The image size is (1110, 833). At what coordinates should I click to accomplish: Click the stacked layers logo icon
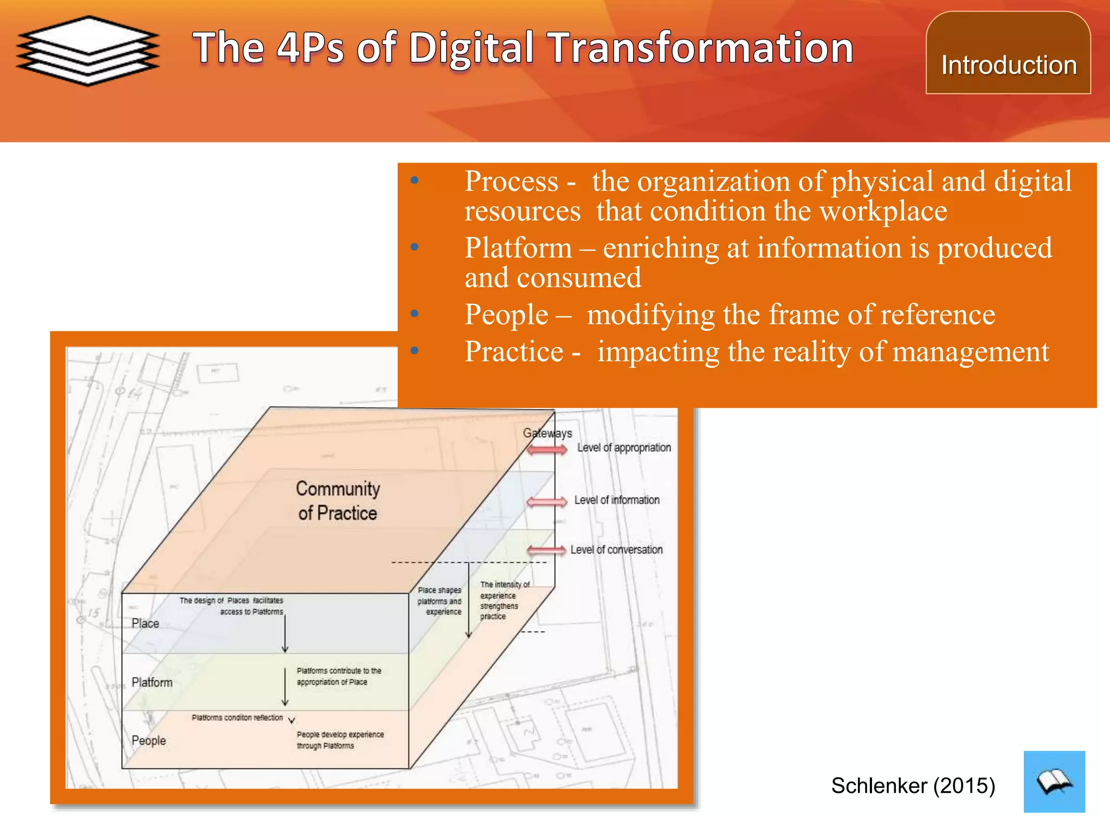88,50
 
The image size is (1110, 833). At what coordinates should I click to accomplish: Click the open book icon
1054,781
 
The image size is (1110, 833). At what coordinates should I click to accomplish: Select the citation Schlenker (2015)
913,785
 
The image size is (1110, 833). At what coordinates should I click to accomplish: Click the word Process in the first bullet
511,181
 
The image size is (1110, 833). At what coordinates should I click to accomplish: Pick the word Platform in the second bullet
518,248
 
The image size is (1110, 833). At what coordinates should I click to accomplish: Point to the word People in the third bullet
506,315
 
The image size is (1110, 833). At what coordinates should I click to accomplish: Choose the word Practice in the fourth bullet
514,352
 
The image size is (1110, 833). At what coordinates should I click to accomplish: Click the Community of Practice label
338,501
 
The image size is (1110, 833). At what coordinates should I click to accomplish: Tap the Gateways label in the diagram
547,433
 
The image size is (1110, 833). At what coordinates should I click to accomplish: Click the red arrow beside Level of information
546,502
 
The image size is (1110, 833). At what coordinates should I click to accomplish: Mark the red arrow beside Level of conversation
546,551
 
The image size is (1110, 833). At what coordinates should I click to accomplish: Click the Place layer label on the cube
145,624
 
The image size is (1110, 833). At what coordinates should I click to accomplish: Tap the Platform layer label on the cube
152,682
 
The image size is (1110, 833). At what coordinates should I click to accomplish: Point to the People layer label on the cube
149,741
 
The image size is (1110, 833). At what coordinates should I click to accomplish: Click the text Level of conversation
616,550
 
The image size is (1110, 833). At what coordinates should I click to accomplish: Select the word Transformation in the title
701,48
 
